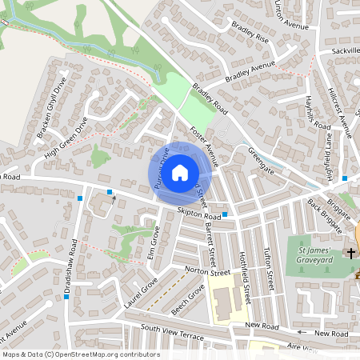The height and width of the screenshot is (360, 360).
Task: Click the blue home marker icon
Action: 180,172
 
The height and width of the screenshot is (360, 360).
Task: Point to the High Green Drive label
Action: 66,138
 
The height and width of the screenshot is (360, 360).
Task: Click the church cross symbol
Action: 350,254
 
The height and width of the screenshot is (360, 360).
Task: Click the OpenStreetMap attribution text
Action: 81,354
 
